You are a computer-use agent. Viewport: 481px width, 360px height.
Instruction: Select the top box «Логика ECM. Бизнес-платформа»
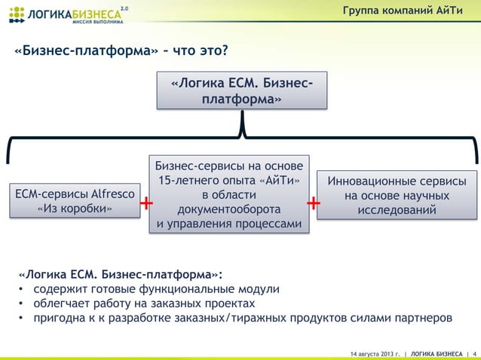(243, 90)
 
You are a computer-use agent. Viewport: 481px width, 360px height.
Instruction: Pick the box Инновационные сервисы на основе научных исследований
(395, 197)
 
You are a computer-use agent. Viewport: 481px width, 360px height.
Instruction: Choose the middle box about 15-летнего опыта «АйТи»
(228, 196)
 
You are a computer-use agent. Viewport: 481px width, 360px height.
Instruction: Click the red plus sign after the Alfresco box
(146, 205)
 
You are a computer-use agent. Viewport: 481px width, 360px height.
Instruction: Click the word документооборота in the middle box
(228, 210)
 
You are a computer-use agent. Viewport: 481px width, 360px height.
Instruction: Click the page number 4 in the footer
(473, 352)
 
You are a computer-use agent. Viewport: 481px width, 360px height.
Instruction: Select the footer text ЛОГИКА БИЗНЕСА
(437, 352)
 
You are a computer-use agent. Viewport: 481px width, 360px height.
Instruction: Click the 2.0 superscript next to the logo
(125, 8)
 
